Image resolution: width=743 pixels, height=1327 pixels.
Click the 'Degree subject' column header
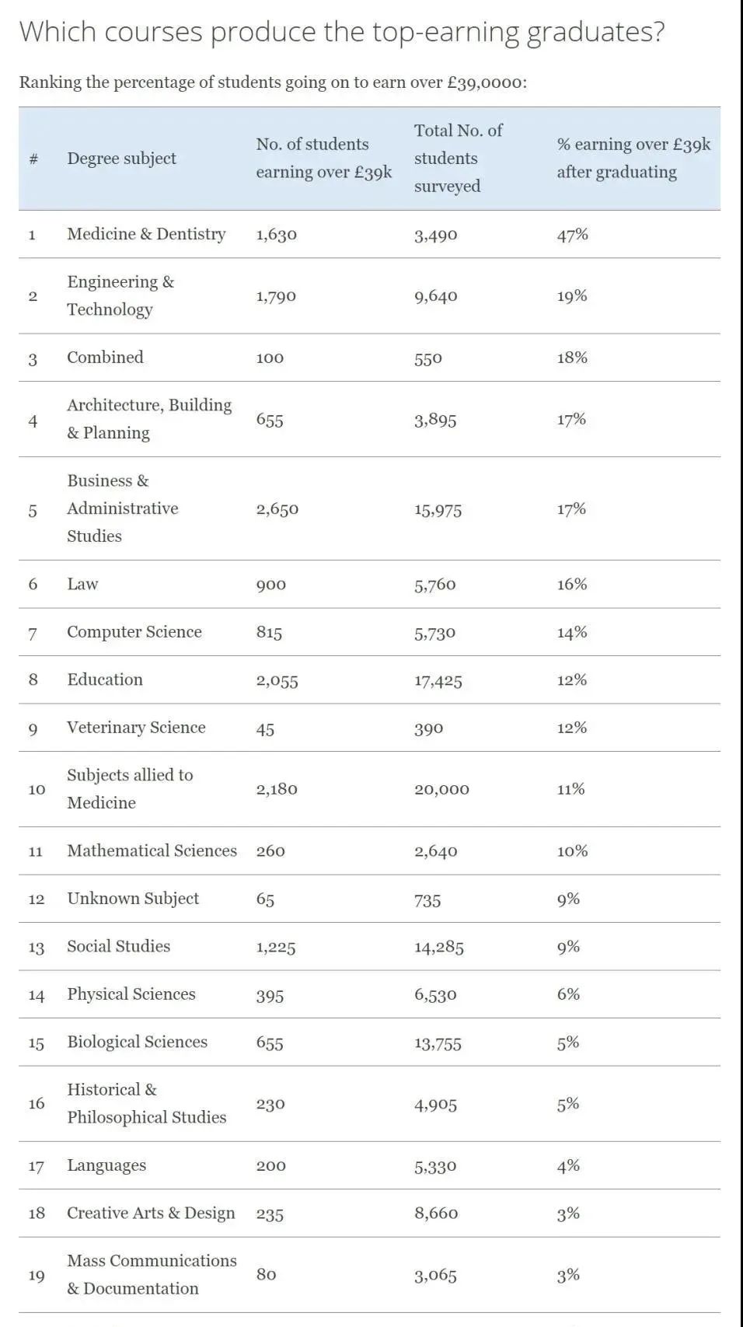[x=121, y=159]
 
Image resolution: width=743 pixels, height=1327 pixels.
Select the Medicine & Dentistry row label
[x=146, y=234]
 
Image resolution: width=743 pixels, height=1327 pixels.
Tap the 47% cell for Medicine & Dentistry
[x=572, y=235]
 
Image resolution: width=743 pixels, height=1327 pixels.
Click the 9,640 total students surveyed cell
[x=435, y=296]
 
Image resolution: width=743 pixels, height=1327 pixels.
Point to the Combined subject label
[x=105, y=358]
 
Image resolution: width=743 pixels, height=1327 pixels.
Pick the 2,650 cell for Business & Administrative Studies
[x=277, y=509]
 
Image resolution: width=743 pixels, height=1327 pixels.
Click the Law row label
[x=82, y=584]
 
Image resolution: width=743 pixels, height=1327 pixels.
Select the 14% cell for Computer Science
[x=571, y=633]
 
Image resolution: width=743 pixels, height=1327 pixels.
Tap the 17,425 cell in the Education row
[x=438, y=681]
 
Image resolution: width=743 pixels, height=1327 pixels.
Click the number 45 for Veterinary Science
[x=265, y=728]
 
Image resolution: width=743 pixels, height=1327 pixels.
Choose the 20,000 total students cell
[x=441, y=790]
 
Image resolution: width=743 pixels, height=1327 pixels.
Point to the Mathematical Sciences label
[x=152, y=851]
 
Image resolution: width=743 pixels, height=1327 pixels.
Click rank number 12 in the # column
[x=36, y=899]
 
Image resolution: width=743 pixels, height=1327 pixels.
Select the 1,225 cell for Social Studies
[x=275, y=947]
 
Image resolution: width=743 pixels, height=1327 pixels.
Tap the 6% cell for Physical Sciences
[x=568, y=994]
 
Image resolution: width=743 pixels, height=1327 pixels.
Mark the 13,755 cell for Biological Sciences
[x=438, y=1043]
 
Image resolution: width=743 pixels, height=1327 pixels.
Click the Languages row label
[x=106, y=1165]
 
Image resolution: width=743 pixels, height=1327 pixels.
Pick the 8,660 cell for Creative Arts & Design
[x=435, y=1214]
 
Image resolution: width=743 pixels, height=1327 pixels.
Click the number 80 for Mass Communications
[x=266, y=1274]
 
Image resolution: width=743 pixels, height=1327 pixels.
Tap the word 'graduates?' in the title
[x=595, y=33]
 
